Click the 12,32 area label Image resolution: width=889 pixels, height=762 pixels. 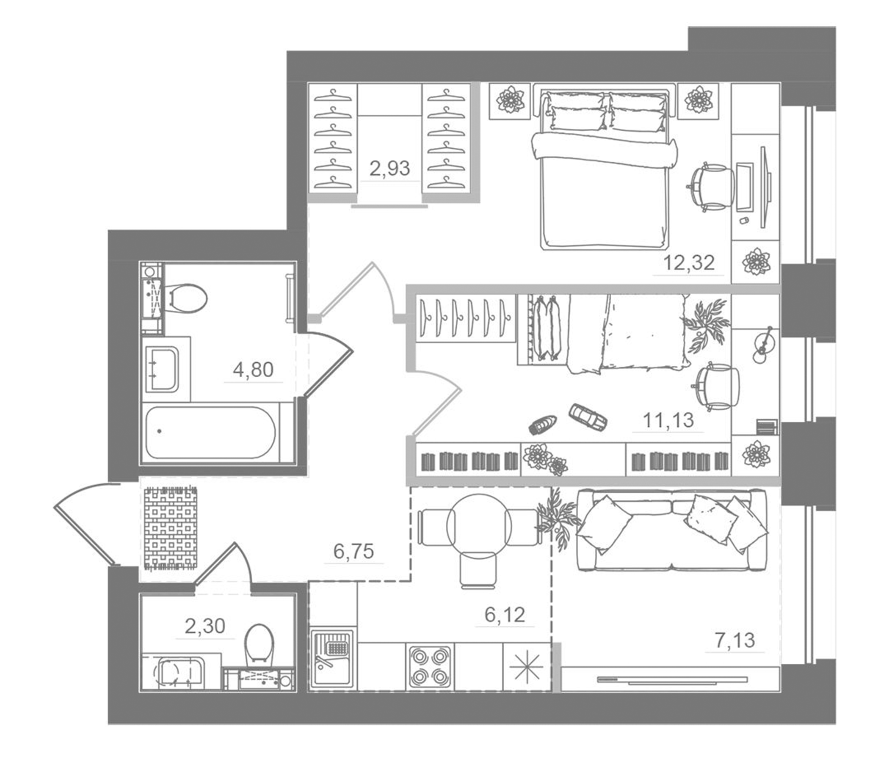point(689,262)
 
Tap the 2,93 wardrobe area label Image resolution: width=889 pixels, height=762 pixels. point(389,168)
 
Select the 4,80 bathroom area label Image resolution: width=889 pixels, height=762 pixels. point(253,369)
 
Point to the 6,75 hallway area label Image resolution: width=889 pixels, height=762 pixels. point(353,551)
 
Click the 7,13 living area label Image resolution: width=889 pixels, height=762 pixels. point(734,640)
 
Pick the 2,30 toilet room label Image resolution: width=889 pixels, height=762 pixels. point(204,626)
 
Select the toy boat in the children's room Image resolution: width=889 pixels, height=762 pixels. point(543,424)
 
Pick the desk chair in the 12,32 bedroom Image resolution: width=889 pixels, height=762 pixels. point(710,187)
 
